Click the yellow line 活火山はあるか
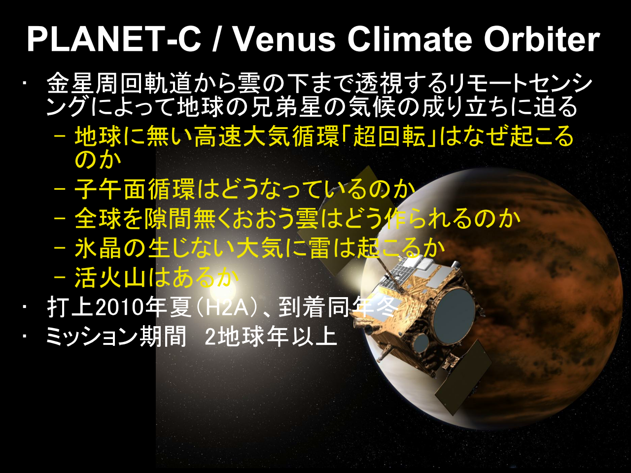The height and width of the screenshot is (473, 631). (x=157, y=277)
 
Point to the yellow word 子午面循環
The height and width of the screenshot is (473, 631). (x=135, y=189)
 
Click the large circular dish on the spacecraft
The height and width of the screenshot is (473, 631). (x=454, y=314)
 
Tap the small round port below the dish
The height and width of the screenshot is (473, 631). (x=421, y=344)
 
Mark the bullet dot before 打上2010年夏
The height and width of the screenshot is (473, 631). (x=25, y=307)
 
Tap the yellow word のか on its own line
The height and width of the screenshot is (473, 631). (x=98, y=160)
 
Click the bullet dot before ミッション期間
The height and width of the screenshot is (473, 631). (x=25, y=335)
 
